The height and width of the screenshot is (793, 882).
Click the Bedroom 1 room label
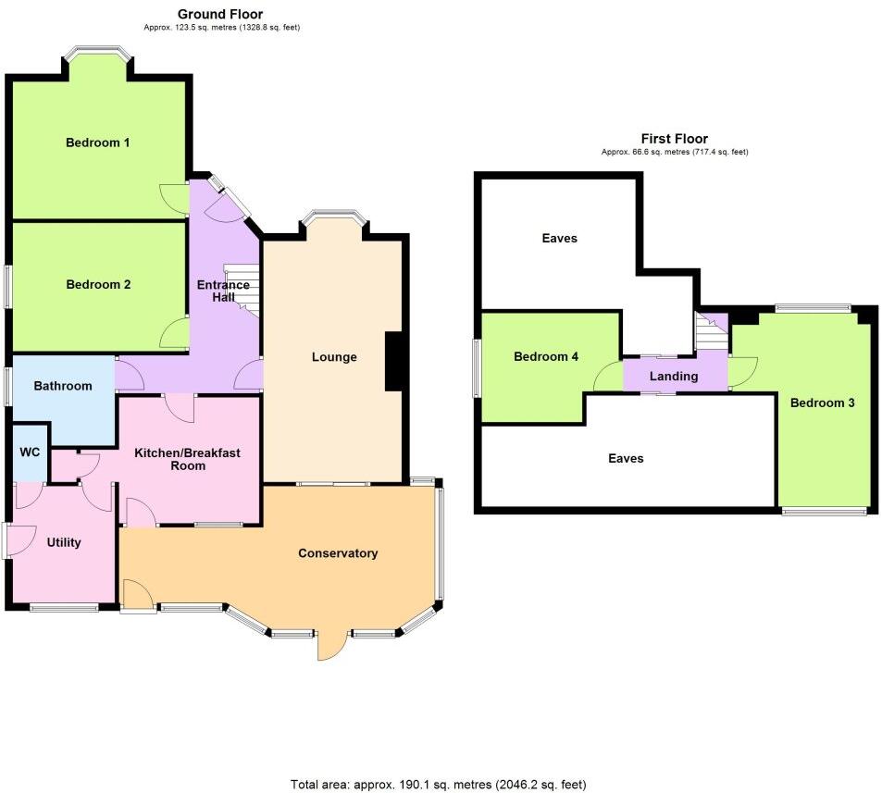point(97,142)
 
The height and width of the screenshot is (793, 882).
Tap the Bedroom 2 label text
point(98,285)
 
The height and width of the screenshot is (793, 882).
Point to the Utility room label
point(64,543)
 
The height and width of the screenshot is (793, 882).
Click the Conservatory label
point(338,553)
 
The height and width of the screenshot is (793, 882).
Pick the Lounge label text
point(334,357)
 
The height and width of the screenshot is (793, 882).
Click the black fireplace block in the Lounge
point(393,361)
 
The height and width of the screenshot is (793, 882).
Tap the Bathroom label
point(63,386)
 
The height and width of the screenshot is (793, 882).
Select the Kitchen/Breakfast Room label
point(188,459)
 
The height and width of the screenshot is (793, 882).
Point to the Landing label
point(674,377)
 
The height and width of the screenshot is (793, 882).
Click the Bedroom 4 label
point(546,357)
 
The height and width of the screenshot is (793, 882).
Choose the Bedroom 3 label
point(822,403)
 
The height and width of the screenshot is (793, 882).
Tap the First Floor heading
point(675,139)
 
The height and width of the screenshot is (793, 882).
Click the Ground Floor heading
point(220,14)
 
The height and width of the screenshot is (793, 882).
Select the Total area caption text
point(439,784)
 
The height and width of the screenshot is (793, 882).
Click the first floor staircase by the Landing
point(711,332)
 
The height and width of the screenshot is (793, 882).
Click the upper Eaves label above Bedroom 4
point(559,239)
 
